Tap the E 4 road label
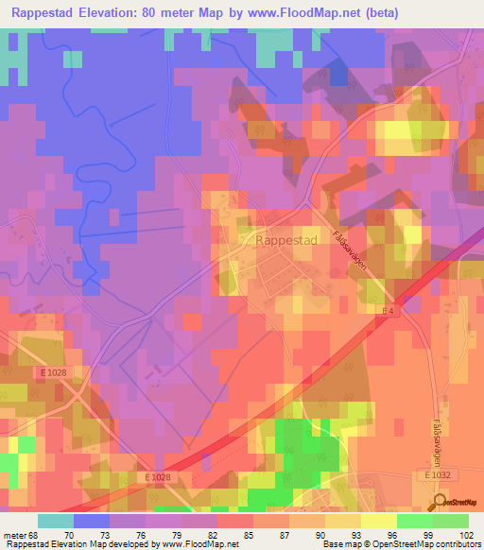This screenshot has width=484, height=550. (x=387, y=312)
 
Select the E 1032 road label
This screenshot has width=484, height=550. (x=438, y=477)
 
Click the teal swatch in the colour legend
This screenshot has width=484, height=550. (x=56, y=521)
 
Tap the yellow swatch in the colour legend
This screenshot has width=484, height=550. (x=377, y=521)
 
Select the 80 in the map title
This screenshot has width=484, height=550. (x=169, y=13)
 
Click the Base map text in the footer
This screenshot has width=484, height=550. (x=338, y=544)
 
